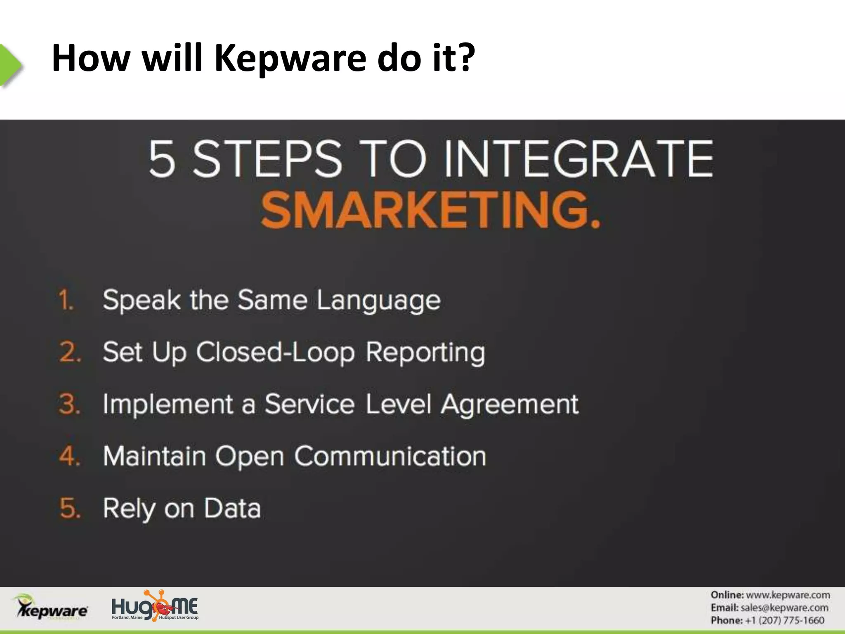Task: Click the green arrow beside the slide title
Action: (10, 65)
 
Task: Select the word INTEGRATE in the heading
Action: (578, 159)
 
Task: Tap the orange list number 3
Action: (70, 404)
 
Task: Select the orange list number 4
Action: (70, 456)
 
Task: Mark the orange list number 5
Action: (70, 508)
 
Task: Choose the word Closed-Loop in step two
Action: (275, 353)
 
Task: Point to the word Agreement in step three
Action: (510, 405)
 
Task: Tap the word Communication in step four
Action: (390, 457)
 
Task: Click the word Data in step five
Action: (233, 508)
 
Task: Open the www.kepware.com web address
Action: (788, 595)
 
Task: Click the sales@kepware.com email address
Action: (784, 608)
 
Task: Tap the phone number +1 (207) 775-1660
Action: (784, 620)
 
